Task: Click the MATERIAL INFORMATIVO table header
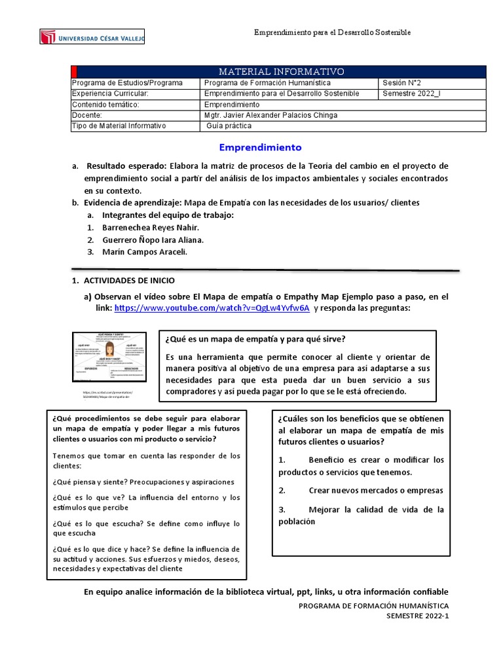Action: (281, 71)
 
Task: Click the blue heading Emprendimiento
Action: (260, 148)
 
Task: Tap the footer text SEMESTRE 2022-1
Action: (417, 616)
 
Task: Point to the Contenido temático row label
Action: (105, 104)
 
